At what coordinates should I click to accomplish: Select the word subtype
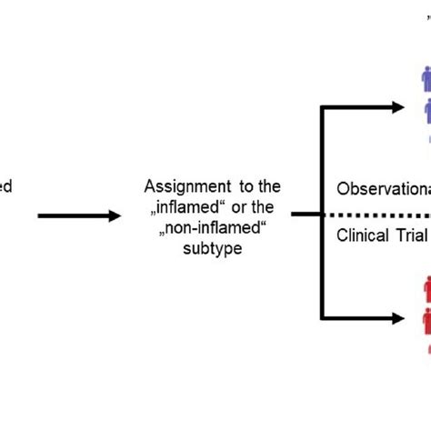(210, 246)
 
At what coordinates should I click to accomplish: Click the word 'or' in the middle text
(236, 206)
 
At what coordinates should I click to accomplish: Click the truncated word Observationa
(383, 190)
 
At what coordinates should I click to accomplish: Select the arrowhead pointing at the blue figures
(396, 107)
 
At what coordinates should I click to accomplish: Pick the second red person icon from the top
(426, 321)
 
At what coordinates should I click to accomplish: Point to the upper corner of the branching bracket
(323, 107)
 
